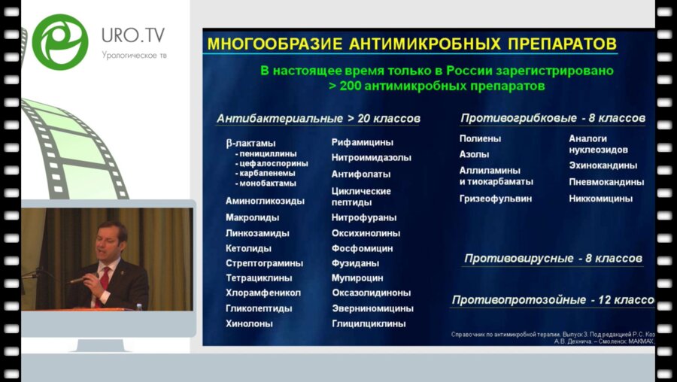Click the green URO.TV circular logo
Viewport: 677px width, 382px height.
coord(59,42)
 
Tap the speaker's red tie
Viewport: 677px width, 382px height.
coord(105,278)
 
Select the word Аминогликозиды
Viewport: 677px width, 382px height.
coord(265,202)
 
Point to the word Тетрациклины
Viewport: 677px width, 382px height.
coord(259,278)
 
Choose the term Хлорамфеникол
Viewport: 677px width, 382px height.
coord(263,293)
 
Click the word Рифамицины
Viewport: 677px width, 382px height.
coord(363,142)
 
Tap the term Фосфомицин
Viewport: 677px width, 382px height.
coord(362,248)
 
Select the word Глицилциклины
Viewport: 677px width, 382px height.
coord(369,323)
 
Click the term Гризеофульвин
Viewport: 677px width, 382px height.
coord(496,199)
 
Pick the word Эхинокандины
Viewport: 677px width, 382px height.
coord(603,165)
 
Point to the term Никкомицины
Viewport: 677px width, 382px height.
coord(600,199)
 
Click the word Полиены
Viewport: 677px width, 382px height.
coord(480,138)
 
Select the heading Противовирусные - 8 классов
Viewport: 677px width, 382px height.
coord(553,259)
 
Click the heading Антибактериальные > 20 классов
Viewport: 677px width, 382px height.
coord(318,119)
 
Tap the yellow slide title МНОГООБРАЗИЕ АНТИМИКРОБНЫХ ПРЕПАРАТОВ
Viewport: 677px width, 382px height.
coord(411,42)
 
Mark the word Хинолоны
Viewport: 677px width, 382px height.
coord(249,323)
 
